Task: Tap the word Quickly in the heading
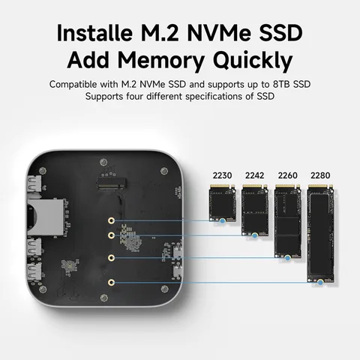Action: point(253,60)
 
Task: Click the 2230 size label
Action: point(222,175)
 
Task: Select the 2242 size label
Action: point(254,175)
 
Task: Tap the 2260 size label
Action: point(287,175)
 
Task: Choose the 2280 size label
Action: point(319,175)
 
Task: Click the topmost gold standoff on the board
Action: point(111,222)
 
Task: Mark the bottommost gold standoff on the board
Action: point(111,283)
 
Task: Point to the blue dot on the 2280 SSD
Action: point(320,281)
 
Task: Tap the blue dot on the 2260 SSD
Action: point(287,257)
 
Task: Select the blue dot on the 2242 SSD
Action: point(254,235)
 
